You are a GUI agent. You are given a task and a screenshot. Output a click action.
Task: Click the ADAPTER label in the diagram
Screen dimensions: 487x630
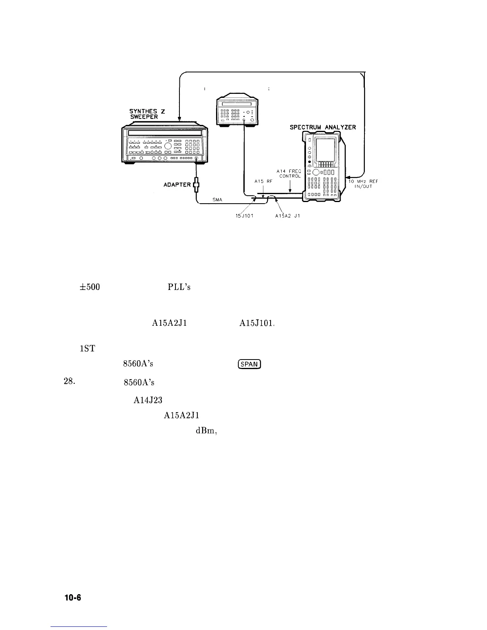click(177, 185)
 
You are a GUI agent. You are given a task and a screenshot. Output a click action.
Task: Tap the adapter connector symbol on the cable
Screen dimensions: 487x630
click(196, 185)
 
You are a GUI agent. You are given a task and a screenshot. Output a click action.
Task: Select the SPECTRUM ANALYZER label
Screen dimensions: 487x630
click(323, 127)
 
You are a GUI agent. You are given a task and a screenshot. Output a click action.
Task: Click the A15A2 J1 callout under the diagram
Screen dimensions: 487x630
click(284, 216)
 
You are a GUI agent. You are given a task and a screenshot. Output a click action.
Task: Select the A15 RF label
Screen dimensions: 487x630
click(263, 181)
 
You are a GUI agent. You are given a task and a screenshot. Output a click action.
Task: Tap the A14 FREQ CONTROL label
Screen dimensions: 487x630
click(290, 173)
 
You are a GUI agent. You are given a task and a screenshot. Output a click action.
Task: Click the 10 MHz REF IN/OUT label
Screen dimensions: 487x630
click(363, 184)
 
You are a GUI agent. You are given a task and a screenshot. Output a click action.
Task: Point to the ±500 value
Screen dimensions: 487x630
click(86, 287)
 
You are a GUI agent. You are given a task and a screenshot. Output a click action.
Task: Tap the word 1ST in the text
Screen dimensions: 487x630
click(86, 349)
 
